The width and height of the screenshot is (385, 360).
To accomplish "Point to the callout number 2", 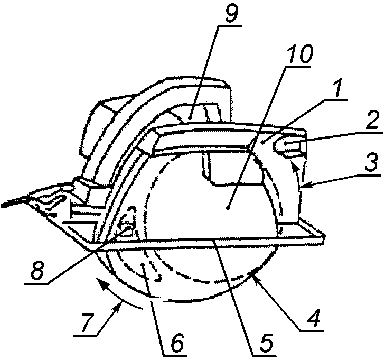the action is click(371, 122).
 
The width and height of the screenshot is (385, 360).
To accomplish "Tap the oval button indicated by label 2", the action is click(291, 144).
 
